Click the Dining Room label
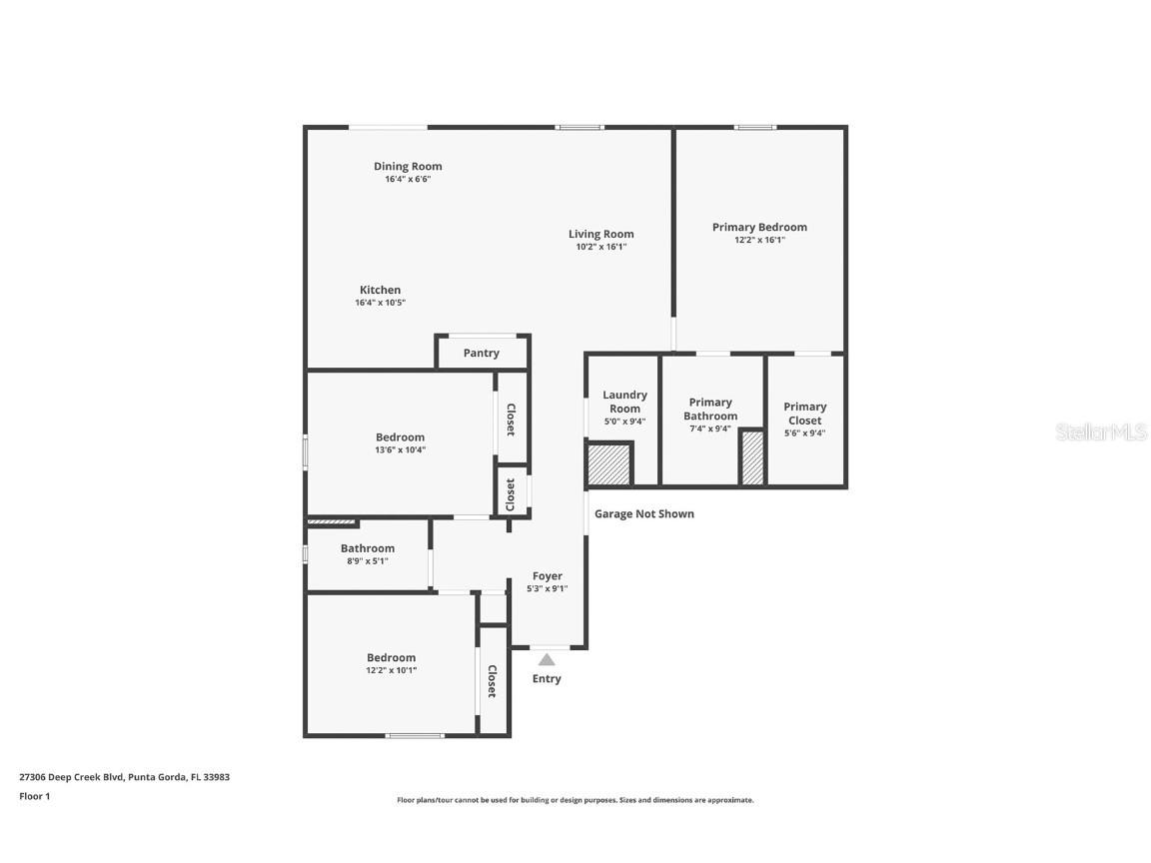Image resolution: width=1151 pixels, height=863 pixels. pos(408,167)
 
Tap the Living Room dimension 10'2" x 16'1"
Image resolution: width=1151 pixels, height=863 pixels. pos(601,247)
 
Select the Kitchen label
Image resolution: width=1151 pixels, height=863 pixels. pos(380,291)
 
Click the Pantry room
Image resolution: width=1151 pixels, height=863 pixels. pos(482,354)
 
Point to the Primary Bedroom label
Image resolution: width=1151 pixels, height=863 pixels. pos(759,228)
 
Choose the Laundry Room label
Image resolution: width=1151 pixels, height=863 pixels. pos(624,402)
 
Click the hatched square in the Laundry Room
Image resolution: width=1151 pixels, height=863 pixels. pos(607,464)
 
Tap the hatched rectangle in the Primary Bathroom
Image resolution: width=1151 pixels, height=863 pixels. pos(751,458)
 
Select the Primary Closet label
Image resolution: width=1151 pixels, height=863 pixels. pos(804,414)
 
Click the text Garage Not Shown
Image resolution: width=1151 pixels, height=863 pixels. pos(644,514)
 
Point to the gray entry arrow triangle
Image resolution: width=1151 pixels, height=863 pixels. pos(547,659)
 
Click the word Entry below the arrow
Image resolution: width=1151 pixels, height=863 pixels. pos(547,679)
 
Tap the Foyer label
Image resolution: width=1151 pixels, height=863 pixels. pos(547,576)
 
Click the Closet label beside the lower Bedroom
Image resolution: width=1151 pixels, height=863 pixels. pos(492,681)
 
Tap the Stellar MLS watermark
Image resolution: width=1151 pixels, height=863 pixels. pos(1101,432)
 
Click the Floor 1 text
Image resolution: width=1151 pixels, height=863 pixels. pos(34,796)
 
